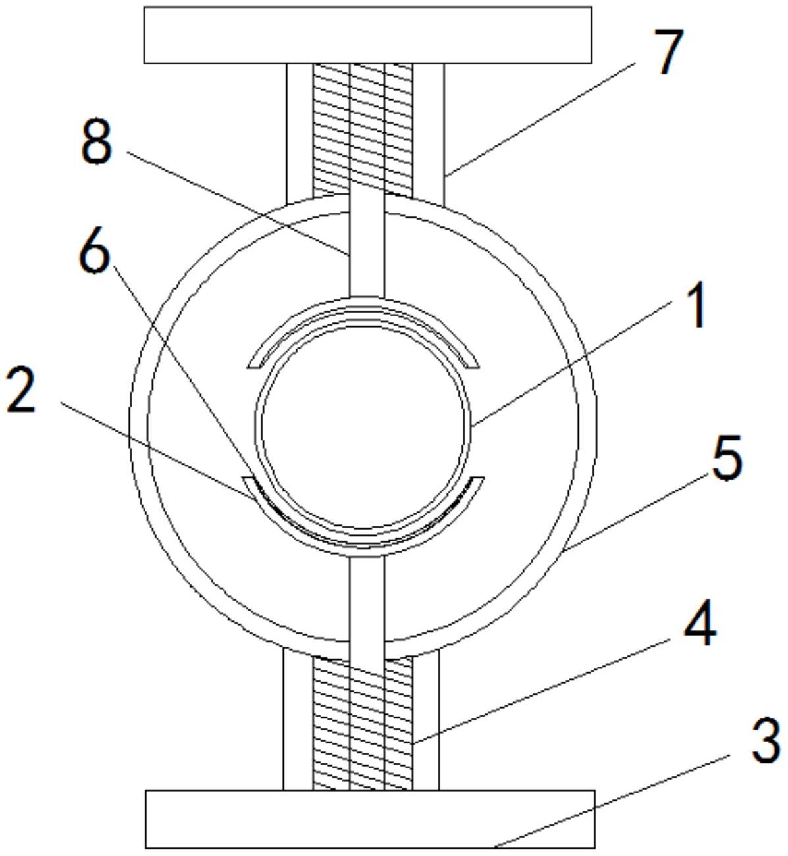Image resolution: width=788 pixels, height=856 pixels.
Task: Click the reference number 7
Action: click(x=671, y=52)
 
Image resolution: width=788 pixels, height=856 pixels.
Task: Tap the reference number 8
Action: click(x=97, y=141)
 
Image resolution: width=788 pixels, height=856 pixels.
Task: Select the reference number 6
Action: click(x=94, y=250)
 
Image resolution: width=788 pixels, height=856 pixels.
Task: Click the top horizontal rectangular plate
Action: click(x=368, y=35)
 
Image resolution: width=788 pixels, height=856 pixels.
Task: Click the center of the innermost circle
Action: click(x=363, y=427)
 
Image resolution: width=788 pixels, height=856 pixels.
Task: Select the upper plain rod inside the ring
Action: click(x=367, y=246)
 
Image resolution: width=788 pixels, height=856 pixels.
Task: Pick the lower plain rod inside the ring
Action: click(x=367, y=606)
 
